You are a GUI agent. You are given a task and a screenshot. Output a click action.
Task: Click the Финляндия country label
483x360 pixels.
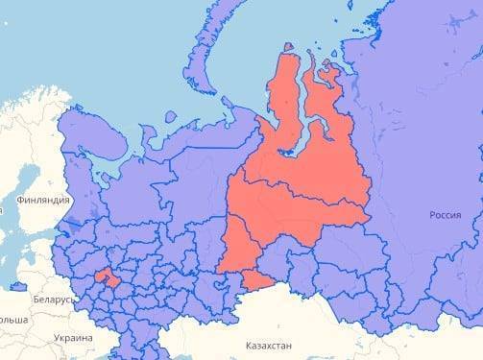pos(43,200)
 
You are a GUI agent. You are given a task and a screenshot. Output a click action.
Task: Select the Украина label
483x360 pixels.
pos(73,338)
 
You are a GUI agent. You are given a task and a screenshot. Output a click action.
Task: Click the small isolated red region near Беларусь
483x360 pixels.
pos(107,278)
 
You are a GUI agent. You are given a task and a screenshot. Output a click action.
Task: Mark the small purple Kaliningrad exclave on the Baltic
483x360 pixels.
pos(17,286)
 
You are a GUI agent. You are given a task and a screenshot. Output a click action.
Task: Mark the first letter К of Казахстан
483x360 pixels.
pos(249,345)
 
